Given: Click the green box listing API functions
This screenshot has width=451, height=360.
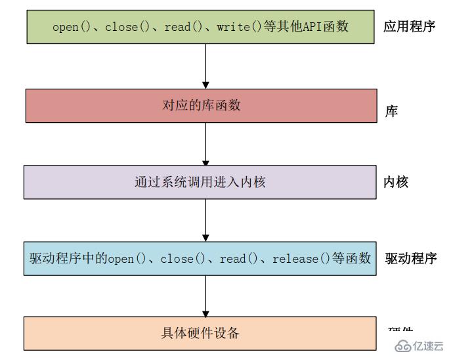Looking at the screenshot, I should pyautogui.click(x=201, y=27).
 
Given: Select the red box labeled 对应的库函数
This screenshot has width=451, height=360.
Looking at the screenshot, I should pyautogui.click(x=201, y=105).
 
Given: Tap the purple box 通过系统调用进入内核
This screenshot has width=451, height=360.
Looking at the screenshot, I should pyautogui.click(x=201, y=182).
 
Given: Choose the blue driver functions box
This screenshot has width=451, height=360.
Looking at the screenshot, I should pyautogui.click(x=201, y=258).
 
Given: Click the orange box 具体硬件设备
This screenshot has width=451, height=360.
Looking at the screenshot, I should pyautogui.click(x=201, y=333).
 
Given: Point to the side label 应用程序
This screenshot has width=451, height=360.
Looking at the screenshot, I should pyautogui.click(x=409, y=27).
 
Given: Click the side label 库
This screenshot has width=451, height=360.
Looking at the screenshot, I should pyautogui.click(x=391, y=112).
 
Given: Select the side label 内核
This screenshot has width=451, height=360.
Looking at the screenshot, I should pyautogui.click(x=396, y=182).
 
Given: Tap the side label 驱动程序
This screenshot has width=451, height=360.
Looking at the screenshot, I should pyautogui.click(x=411, y=258).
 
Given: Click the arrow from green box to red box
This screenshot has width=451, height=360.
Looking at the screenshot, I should pyautogui.click(x=205, y=66).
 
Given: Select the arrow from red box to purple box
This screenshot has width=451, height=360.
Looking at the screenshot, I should pyautogui.click(x=205, y=144).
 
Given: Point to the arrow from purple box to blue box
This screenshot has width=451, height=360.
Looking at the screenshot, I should pyautogui.click(x=205, y=220).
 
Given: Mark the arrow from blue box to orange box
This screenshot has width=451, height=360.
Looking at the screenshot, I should pyautogui.click(x=205, y=296).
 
